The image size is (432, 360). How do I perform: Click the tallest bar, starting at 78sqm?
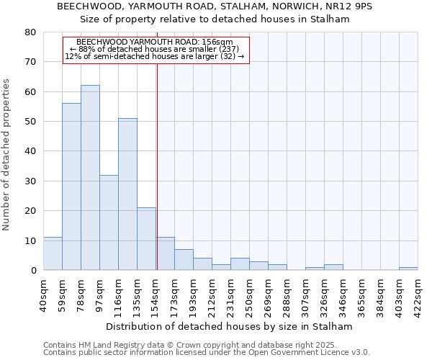point(90,178)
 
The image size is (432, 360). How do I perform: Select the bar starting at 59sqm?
point(71,186)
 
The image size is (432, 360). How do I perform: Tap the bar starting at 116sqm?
point(127,194)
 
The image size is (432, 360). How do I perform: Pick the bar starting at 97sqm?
point(109,222)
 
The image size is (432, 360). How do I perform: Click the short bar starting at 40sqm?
point(53,254)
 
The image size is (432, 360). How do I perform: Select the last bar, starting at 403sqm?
point(408,269)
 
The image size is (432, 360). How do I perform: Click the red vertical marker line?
point(157,166)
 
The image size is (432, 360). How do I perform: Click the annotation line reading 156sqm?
point(155,42)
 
